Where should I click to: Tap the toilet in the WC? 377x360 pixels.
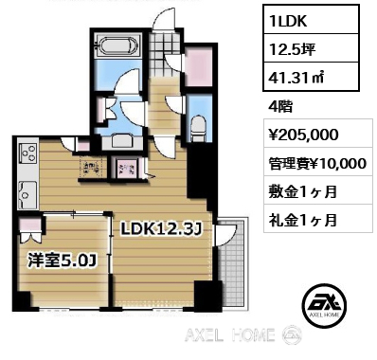[x=196, y=126]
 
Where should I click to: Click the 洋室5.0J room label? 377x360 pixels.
[x=58, y=255]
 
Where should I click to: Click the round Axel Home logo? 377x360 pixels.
[x=324, y=304]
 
